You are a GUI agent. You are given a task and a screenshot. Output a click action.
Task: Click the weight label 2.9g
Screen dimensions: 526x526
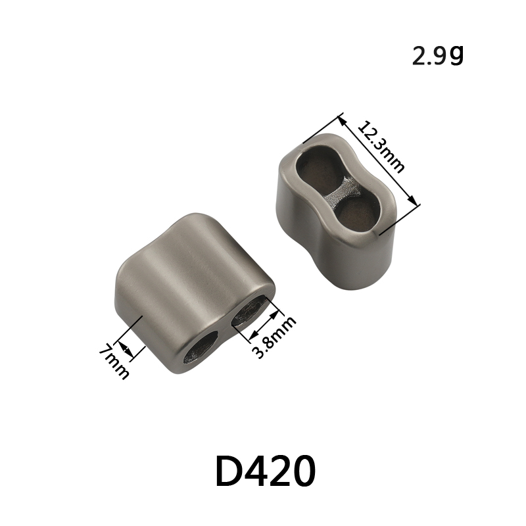click(x=438, y=56)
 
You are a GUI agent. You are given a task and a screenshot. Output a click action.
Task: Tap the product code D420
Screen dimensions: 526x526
click(x=266, y=470)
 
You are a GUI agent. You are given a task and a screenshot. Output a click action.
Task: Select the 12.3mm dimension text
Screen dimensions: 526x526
click(x=381, y=147)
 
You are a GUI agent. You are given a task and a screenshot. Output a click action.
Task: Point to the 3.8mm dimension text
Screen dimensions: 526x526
click(x=274, y=337)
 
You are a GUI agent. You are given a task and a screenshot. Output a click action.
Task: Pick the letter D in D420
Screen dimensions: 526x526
click(x=229, y=470)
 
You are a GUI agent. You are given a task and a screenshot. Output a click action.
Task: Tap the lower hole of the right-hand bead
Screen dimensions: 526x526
click(x=356, y=214)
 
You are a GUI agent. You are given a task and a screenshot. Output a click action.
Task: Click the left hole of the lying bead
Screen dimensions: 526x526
click(x=201, y=347)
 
